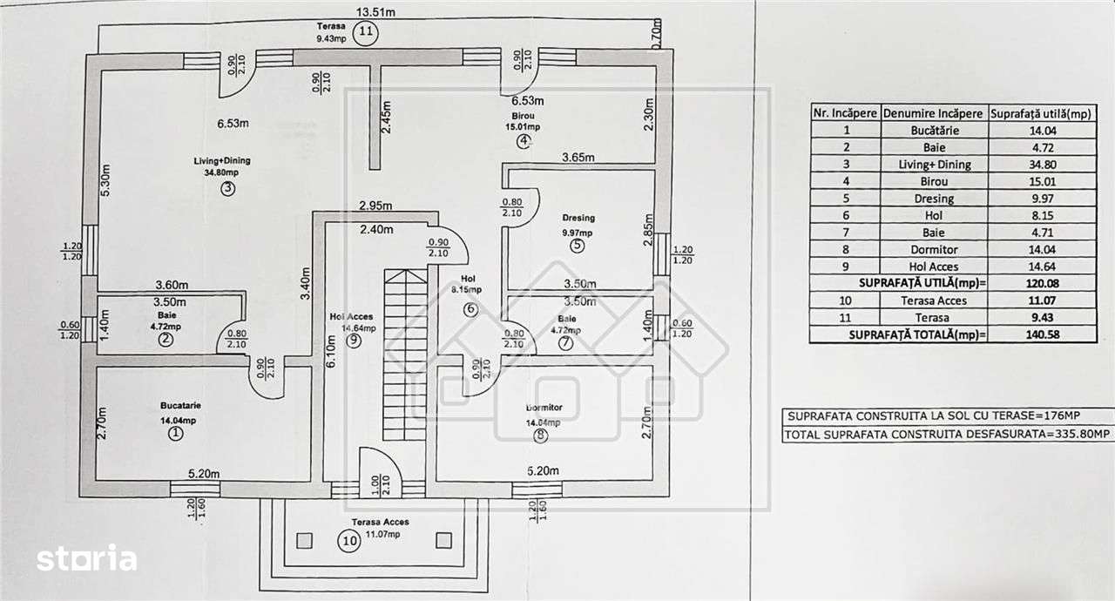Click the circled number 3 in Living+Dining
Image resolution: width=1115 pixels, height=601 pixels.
(x=227, y=189)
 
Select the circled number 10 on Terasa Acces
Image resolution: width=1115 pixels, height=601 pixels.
(x=349, y=541)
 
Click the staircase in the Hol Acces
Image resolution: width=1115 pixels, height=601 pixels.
(x=406, y=357)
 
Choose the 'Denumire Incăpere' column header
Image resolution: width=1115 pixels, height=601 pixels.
(x=933, y=113)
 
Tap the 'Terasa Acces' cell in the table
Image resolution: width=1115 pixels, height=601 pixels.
(x=933, y=300)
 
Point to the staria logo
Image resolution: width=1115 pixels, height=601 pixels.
(x=86, y=558)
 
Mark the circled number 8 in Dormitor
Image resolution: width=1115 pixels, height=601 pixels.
(x=541, y=436)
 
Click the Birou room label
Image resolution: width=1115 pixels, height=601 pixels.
(x=523, y=114)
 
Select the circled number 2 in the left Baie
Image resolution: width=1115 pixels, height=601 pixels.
(x=166, y=341)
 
